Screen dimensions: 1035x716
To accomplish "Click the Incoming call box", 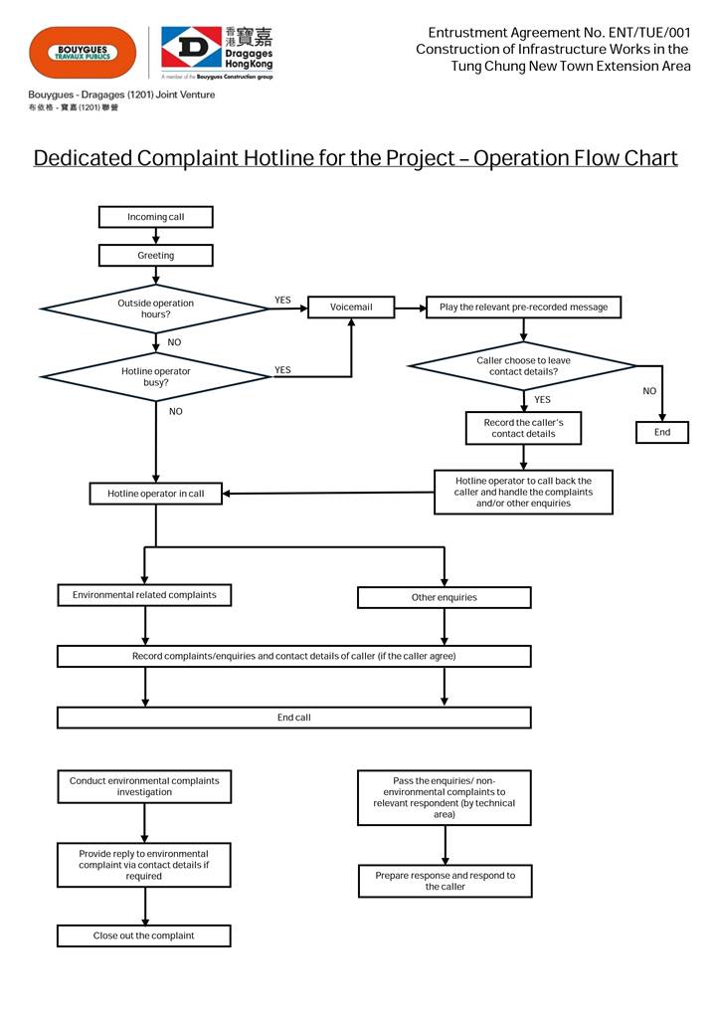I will coord(155,217).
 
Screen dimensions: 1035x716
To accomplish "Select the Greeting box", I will coord(155,256).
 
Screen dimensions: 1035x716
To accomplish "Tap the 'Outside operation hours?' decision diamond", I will coord(155,309).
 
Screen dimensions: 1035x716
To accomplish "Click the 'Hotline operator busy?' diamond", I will coord(155,376).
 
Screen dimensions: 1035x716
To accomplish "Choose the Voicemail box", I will coord(351,308).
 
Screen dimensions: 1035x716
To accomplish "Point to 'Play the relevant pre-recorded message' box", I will coord(523,308).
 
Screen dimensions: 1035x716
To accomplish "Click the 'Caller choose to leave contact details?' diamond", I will coord(523,366).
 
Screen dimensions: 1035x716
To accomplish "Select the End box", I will coord(662,432).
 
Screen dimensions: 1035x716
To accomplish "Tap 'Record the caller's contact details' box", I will coord(523,428).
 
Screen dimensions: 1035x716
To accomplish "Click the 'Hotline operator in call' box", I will coord(155,494).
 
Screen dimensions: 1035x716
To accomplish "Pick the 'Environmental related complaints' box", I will coord(144,595).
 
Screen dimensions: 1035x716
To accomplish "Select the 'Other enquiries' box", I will coord(444,597).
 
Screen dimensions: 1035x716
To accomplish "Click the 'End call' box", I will coord(293,718).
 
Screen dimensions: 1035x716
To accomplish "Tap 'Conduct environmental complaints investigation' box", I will coord(144,786).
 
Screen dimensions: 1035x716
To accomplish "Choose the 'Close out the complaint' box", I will coord(144,935).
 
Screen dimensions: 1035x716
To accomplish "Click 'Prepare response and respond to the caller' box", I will coord(445,881).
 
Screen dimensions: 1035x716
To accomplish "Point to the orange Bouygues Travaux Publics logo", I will coord(83,52).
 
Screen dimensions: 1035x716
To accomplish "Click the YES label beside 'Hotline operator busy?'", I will coord(282,370).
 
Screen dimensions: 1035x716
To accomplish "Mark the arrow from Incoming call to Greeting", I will coord(156,237).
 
